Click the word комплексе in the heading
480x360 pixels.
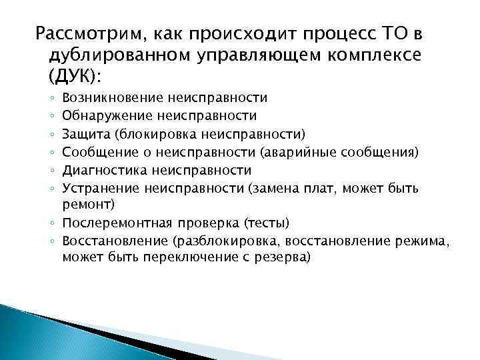click(x=366, y=54)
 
